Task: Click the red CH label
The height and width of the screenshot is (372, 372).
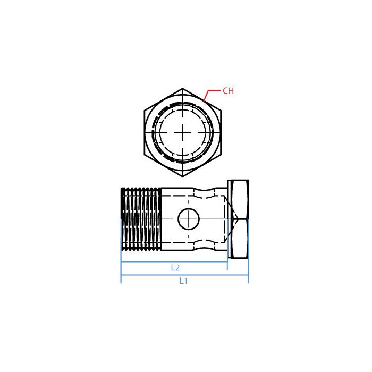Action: (x=228, y=91)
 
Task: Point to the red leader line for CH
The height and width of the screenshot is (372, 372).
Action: (x=208, y=95)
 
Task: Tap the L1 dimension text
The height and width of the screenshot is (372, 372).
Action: (x=183, y=281)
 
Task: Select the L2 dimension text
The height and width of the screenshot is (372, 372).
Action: (x=175, y=268)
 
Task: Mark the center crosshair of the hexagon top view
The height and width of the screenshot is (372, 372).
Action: (x=183, y=132)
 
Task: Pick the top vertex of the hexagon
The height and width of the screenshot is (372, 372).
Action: (x=183, y=89)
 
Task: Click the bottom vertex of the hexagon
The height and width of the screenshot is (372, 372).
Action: (x=183, y=176)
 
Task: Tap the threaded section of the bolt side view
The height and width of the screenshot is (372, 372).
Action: (x=141, y=218)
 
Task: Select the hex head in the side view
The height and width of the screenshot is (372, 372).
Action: (x=238, y=219)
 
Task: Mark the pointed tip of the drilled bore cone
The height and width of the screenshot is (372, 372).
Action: (x=237, y=219)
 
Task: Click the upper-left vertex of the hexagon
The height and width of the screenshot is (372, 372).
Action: (x=145, y=110)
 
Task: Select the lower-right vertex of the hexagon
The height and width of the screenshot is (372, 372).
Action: (x=221, y=155)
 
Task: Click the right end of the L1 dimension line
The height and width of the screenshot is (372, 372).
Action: (x=248, y=275)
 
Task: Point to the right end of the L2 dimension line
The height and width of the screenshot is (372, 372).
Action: (x=227, y=262)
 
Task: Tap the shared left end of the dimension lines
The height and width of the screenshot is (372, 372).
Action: (x=121, y=268)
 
